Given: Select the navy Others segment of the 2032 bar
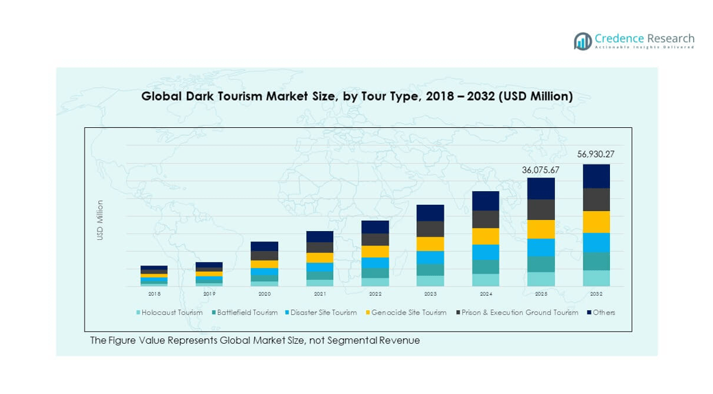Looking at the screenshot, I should pyautogui.click(x=596, y=176).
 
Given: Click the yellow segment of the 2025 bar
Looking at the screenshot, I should pyautogui.click(x=541, y=229).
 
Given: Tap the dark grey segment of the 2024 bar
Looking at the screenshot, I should pyautogui.click(x=486, y=219).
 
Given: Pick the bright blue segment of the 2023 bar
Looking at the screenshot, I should pyautogui.click(x=430, y=257).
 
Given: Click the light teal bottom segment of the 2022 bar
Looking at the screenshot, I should pyautogui.click(x=375, y=282).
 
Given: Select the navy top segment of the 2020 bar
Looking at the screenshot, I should pyautogui.click(x=264, y=246).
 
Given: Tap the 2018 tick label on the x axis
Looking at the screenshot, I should pyautogui.click(x=154, y=294).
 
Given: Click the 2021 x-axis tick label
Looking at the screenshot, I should pyautogui.click(x=319, y=294).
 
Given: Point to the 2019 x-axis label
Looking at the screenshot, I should pyautogui.click(x=209, y=294).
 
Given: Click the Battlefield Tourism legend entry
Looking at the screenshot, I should pyautogui.click(x=246, y=313).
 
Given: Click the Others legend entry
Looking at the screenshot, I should pyautogui.click(x=602, y=313).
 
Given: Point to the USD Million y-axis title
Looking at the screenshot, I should pyautogui.click(x=100, y=220).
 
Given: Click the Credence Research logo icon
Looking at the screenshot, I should pyautogui.click(x=582, y=41).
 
